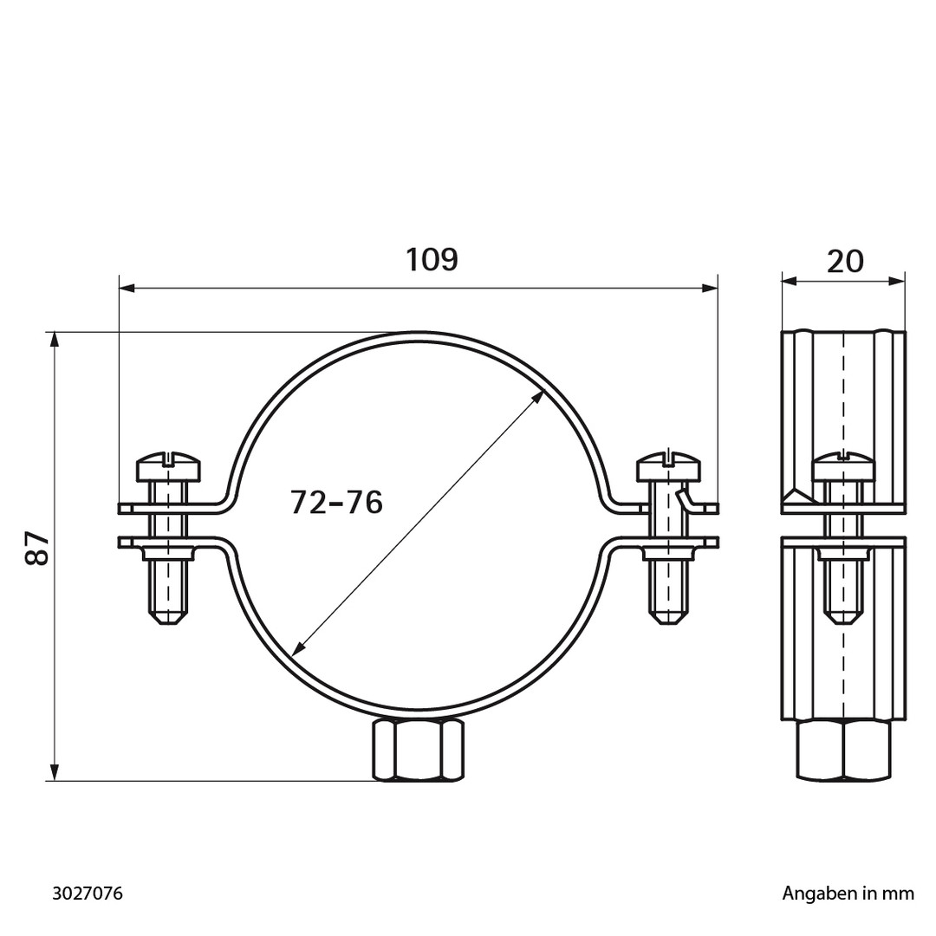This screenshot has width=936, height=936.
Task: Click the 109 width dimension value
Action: click(x=432, y=260)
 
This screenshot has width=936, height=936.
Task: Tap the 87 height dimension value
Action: click(x=37, y=548)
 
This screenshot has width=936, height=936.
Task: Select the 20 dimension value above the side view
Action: click(x=845, y=261)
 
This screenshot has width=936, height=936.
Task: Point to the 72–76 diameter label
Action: click(x=336, y=502)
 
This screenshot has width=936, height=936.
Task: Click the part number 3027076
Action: click(x=88, y=894)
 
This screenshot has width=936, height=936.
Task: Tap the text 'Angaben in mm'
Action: click(x=848, y=894)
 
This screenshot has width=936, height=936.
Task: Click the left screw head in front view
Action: click(x=168, y=468)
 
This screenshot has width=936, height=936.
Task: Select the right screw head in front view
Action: click(x=668, y=467)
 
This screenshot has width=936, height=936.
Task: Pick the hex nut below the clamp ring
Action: click(x=418, y=750)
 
